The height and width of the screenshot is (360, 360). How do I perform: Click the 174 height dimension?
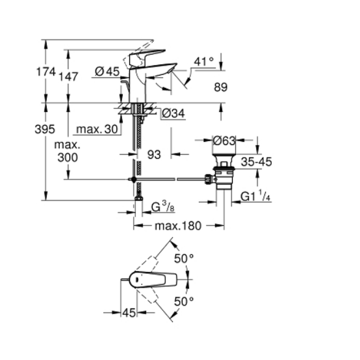[x=46, y=72]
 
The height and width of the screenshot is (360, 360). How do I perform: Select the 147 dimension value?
[x=67, y=77]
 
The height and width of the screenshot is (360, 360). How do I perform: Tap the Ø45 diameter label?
[x=107, y=72]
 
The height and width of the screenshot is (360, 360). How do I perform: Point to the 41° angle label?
[x=204, y=62]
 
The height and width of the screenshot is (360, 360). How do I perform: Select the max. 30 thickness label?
[x=97, y=129]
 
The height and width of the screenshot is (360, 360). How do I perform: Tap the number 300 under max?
[x=67, y=157]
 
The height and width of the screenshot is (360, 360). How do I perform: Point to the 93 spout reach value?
[x=154, y=155]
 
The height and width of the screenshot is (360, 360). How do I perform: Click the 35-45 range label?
[x=256, y=162]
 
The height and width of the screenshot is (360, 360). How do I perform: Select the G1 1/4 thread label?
[x=255, y=197]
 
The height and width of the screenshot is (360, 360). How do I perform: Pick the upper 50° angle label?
[x=184, y=258]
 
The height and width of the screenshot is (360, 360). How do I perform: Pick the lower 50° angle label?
[x=184, y=301]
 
